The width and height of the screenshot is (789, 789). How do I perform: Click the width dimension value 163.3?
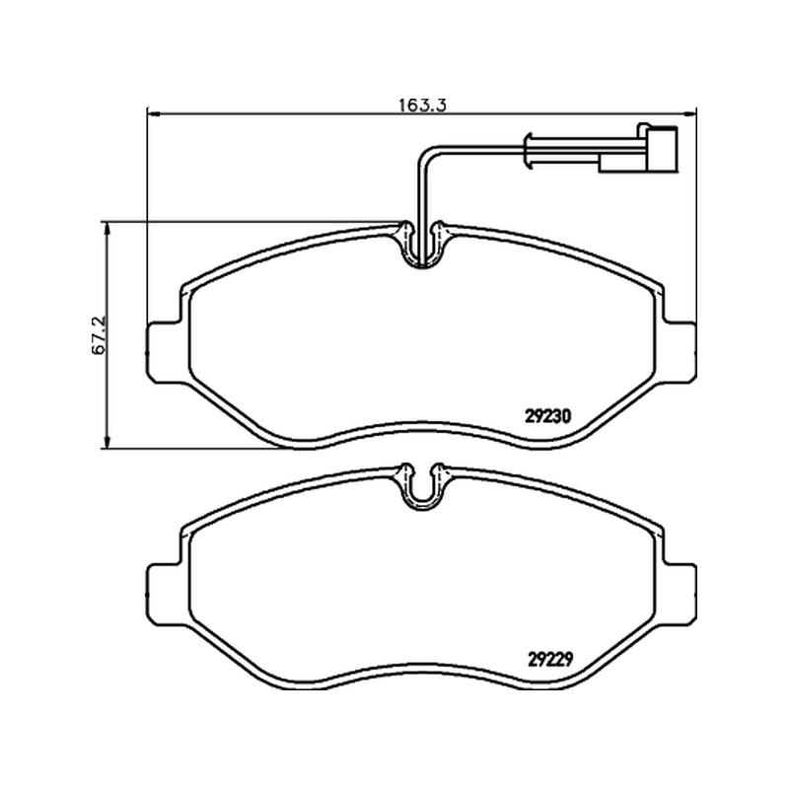click(423, 106)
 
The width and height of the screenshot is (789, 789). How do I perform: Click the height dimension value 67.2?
click(99, 335)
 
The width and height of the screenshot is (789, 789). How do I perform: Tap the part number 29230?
click(548, 416)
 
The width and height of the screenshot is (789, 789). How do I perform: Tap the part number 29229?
click(550, 659)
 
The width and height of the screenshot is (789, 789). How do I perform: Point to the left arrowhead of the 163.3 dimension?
click(153, 114)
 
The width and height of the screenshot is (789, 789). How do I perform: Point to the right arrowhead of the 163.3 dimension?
click(690, 114)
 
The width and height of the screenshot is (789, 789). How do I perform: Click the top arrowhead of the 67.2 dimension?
click(107, 228)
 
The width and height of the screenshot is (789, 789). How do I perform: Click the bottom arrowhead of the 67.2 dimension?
click(107, 442)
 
